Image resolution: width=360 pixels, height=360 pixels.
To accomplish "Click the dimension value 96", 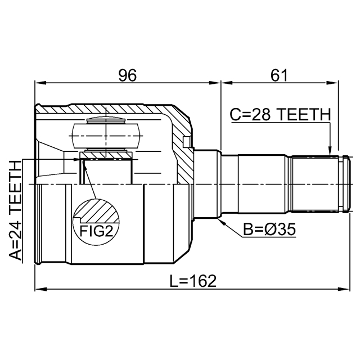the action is pos(128,75).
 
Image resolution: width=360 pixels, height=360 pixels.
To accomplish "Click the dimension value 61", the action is pos(279,75).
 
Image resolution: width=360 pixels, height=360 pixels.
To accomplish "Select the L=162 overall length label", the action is pos(193,281).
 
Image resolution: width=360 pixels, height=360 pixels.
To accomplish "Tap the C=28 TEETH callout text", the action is pos(280,115).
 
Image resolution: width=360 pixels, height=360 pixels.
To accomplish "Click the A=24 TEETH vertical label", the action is pos(15,211).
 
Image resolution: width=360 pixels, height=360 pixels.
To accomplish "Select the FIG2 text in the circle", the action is pos(96,231).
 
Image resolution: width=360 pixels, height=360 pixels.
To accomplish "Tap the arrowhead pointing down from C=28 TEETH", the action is pos(330,151).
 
